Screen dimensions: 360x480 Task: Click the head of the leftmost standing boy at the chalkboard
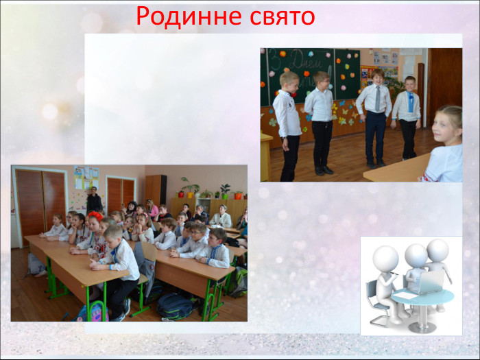click(x=288, y=80)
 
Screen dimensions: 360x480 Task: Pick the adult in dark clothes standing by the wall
click(x=94, y=200)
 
